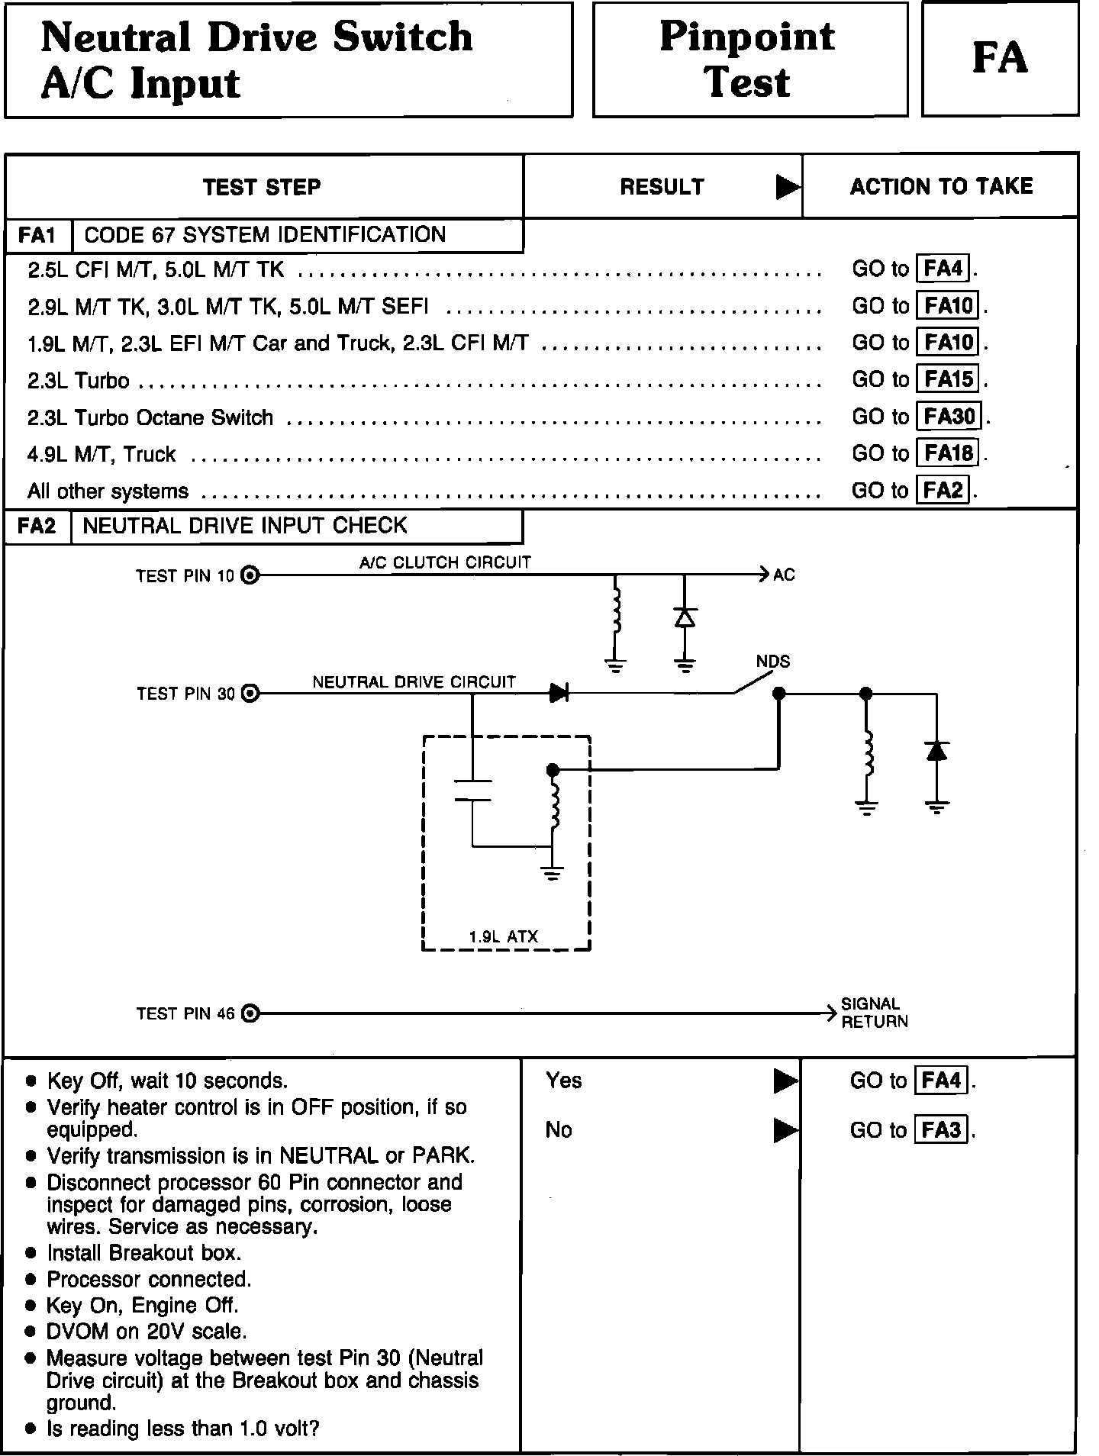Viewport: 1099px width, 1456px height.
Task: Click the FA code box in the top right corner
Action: pos(1000,59)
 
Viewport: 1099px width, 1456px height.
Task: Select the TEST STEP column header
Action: pos(262,188)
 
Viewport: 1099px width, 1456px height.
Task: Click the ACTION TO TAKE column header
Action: pos(941,187)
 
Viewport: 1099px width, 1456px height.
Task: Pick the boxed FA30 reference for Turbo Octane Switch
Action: pos(949,417)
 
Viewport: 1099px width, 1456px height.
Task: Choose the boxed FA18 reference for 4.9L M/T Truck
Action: pos(949,453)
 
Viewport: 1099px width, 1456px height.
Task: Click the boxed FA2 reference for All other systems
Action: pos(943,490)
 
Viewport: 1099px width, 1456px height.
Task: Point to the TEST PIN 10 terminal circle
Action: pos(250,575)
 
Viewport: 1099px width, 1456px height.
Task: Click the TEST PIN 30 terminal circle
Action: pos(250,694)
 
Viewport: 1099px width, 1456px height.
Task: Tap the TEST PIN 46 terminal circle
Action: pos(250,1013)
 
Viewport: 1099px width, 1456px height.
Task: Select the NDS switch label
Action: pos(772,662)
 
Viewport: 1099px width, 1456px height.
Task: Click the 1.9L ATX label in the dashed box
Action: pos(504,936)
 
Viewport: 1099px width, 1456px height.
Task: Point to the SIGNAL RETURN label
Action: pos(874,1013)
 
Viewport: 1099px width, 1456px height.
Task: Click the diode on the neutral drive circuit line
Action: pos(559,694)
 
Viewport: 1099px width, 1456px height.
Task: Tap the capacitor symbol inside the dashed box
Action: pos(472,791)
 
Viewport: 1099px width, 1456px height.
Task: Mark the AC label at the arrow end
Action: pos(784,575)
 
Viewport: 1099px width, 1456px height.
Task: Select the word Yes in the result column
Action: pos(563,1081)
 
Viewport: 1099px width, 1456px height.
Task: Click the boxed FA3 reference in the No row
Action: pos(941,1129)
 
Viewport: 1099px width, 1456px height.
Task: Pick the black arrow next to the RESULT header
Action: pos(788,187)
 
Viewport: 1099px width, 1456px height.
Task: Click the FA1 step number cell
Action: pos(37,235)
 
